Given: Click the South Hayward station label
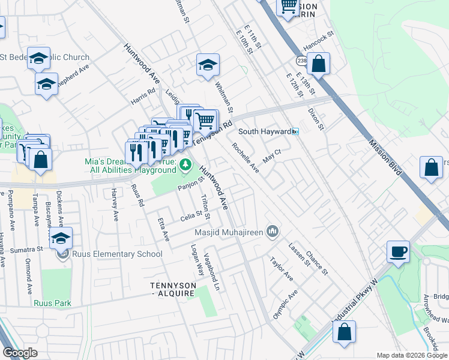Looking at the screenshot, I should [x=264, y=131].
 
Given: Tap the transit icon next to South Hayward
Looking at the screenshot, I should [x=295, y=131].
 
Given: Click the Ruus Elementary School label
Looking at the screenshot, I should [x=117, y=254].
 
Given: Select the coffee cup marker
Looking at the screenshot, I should [x=398, y=251].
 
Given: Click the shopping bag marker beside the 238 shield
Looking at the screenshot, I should [x=319, y=64].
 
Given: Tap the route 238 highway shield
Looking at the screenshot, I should [x=301, y=61].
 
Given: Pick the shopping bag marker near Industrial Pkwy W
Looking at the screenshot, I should [x=344, y=332].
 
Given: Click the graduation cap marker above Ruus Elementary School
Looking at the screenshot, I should [x=61, y=238].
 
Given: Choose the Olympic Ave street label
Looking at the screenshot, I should [x=285, y=304].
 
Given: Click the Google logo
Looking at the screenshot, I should [x=20, y=353].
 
